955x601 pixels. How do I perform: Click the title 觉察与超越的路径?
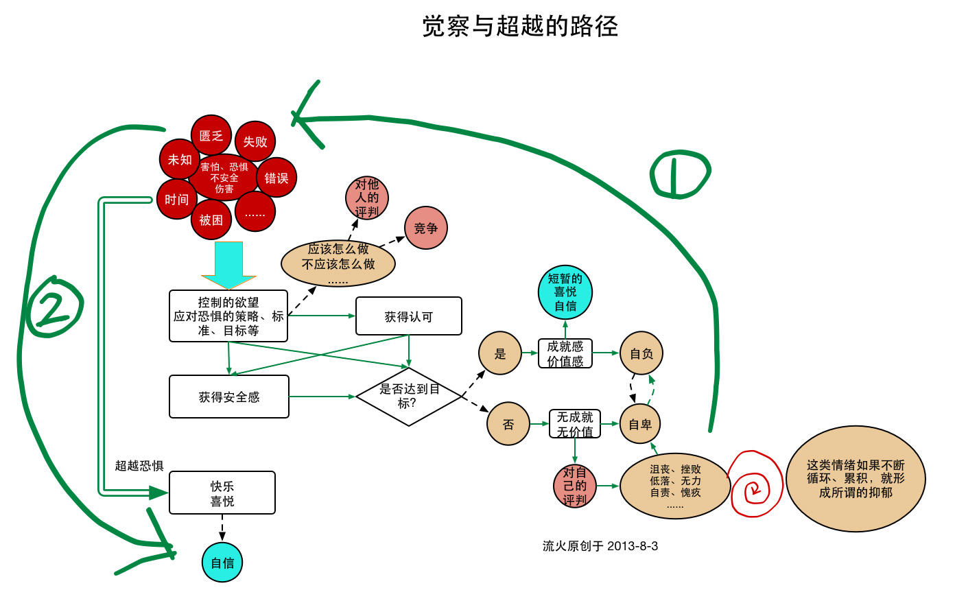pyautogui.click(x=520, y=27)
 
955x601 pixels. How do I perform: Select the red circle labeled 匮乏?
pyautogui.click(x=211, y=135)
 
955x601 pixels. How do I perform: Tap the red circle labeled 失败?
pyautogui.click(x=255, y=141)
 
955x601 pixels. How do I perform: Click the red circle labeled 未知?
pyautogui.click(x=180, y=159)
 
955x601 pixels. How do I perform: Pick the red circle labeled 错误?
pyautogui.click(x=276, y=178)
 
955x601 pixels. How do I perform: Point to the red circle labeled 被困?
pyautogui.click(x=211, y=220)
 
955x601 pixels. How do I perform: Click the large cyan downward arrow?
pyautogui.click(x=228, y=265)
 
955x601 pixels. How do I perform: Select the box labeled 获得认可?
pyautogui.click(x=409, y=316)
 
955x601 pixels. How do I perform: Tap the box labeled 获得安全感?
pyautogui.click(x=229, y=397)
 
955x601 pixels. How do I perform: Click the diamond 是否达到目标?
pyautogui.click(x=409, y=396)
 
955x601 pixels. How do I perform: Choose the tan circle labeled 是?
pyautogui.click(x=500, y=353)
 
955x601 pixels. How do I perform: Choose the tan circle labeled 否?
pyautogui.click(x=508, y=424)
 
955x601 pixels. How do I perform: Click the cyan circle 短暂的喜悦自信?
pyautogui.click(x=565, y=292)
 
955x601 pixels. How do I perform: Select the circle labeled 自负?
pyautogui.click(x=641, y=353)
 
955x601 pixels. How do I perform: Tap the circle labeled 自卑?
pyautogui.click(x=640, y=424)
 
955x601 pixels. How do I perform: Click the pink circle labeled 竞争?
pyautogui.click(x=426, y=228)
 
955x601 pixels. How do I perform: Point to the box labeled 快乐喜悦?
pyautogui.click(x=222, y=493)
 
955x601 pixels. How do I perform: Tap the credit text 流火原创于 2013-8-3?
pyautogui.click(x=600, y=546)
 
